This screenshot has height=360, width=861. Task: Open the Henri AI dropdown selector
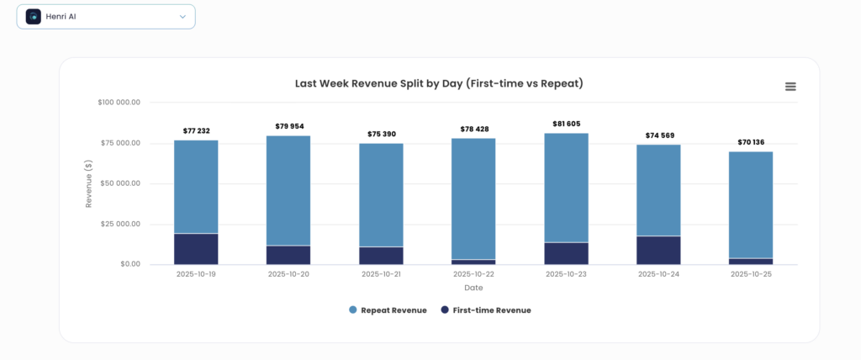106,17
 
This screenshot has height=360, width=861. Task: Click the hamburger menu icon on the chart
790,87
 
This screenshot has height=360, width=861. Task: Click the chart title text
439,84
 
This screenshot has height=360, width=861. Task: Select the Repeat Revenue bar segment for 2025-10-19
196,187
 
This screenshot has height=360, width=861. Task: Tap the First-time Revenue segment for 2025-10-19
196,249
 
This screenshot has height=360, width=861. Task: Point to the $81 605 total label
566,124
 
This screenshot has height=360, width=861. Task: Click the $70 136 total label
751,142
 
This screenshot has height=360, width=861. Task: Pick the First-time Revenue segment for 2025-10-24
658,250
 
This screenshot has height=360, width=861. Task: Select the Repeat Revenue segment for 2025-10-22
473,199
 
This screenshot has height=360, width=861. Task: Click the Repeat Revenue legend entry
388,310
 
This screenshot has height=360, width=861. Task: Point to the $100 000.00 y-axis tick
119,103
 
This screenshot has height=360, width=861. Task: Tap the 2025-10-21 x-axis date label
381,274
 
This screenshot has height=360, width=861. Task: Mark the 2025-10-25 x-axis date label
751,274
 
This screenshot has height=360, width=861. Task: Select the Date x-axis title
473,288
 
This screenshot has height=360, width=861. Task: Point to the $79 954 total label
288,126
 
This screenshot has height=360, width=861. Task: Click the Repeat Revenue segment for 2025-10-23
566,188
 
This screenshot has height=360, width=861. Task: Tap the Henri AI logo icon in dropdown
34,17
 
